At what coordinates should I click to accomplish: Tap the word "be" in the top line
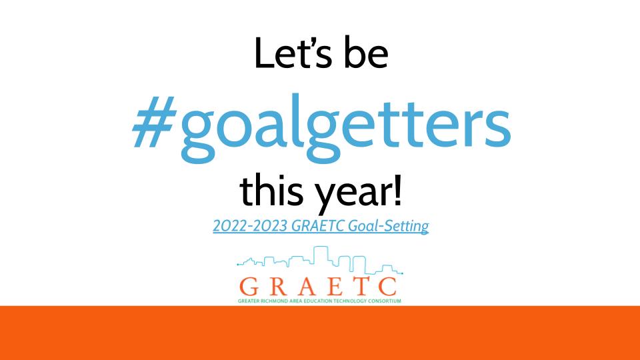(366, 53)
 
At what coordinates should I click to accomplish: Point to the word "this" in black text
(272, 190)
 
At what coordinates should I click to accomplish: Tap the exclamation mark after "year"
(397, 190)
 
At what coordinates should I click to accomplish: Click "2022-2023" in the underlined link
(250, 226)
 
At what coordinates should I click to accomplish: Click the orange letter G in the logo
(249, 287)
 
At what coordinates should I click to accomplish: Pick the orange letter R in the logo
(277, 287)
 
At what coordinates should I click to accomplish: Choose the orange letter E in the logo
(335, 287)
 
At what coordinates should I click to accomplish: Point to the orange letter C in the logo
(387, 287)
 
